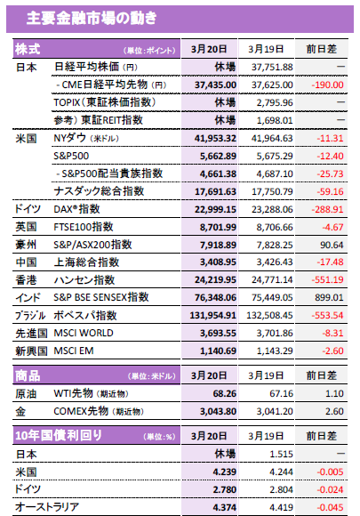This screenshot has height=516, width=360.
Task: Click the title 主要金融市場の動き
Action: (92, 18)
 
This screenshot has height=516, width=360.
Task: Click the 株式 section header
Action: (28, 49)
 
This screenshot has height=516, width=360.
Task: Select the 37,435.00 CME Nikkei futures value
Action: (215, 85)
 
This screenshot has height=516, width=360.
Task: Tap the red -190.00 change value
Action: (327, 85)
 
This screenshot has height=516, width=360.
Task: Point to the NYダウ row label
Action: (86, 138)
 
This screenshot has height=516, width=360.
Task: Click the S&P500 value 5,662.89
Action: (218, 156)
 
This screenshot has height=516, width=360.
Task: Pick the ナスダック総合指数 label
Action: (99, 191)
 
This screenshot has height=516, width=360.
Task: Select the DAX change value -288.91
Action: (327, 209)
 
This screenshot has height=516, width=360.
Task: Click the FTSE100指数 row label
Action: (84, 227)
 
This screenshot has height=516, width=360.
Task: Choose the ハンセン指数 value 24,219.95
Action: (215, 279)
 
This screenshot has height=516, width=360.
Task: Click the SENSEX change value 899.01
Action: (329, 297)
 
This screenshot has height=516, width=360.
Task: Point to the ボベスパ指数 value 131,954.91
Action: (212, 315)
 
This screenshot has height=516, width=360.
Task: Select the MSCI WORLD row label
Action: (84, 333)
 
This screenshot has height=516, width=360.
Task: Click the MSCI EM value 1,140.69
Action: (218, 351)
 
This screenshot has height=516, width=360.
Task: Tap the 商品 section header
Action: (28, 375)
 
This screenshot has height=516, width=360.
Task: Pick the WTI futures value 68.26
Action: (225, 393)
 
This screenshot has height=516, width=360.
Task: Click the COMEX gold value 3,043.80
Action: (218, 411)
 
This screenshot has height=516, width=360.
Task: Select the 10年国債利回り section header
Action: (59, 436)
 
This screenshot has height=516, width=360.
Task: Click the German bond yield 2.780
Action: (225, 489)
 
